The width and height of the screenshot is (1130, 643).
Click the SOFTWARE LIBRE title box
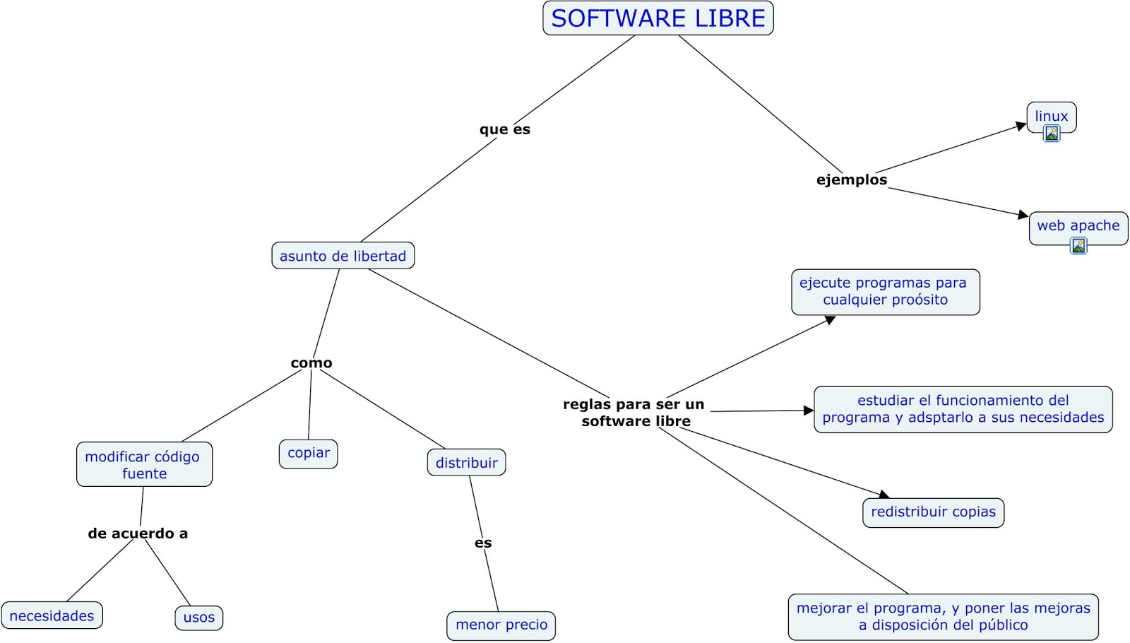click(658, 18)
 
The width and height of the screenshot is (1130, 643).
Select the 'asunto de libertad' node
click(343, 256)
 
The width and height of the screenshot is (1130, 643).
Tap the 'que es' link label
click(504, 129)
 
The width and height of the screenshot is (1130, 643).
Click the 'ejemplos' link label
click(851, 179)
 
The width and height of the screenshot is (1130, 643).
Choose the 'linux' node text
click(1051, 116)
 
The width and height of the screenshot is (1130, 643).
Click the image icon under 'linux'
click(1052, 134)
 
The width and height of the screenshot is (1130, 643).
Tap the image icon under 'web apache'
click(1078, 246)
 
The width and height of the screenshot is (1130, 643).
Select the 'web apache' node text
click(1078, 225)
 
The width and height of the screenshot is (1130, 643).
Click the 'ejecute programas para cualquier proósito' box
click(885, 292)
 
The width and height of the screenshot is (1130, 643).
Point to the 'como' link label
click(311, 362)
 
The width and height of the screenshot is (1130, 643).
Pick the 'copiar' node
click(308, 453)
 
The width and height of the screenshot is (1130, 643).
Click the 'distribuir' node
click(466, 463)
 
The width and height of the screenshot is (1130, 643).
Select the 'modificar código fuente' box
click(144, 465)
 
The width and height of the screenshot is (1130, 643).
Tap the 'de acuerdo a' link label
click(138, 533)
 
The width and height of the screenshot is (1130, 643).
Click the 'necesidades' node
click(52, 615)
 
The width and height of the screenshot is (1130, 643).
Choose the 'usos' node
click(198, 618)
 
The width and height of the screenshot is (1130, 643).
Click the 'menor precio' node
click(501, 625)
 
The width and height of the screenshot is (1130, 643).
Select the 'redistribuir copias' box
click(933, 512)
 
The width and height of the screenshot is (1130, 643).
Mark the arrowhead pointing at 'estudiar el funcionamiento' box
click(809, 411)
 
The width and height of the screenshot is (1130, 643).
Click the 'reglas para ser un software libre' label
click(634, 413)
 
